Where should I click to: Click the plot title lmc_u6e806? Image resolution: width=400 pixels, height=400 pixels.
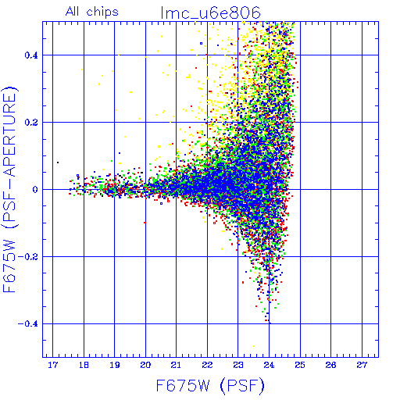click(211, 12)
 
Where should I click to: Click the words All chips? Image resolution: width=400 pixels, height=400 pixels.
click(92, 12)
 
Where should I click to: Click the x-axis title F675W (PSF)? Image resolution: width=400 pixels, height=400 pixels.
click(210, 385)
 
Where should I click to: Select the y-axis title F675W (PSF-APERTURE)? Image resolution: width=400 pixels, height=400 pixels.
click(9, 190)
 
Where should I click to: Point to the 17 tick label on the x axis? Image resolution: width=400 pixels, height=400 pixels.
click(53, 365)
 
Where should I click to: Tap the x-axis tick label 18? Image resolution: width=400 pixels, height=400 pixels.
click(84, 365)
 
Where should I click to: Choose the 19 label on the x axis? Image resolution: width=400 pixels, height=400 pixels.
click(115, 365)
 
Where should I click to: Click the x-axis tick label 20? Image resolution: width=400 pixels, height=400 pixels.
click(145, 365)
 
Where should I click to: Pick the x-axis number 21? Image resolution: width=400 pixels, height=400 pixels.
click(176, 365)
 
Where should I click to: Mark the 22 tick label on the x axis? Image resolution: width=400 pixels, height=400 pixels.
click(207, 365)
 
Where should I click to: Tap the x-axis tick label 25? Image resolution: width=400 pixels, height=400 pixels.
click(300, 365)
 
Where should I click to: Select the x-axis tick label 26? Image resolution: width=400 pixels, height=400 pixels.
click(330, 365)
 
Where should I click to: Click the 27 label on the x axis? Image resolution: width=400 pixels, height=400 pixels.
click(362, 365)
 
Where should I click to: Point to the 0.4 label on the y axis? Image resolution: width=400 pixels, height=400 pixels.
click(31, 55)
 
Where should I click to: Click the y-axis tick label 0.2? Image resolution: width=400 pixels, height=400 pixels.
click(31, 123)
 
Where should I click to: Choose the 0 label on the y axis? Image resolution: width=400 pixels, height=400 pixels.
click(35, 190)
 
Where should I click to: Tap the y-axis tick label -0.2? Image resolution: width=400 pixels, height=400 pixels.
click(27, 257)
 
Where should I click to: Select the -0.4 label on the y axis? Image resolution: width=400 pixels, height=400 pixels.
click(27, 324)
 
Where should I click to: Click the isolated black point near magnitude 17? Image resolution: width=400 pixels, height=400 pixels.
click(58, 162)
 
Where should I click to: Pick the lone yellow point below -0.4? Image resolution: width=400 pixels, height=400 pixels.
click(254, 346)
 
